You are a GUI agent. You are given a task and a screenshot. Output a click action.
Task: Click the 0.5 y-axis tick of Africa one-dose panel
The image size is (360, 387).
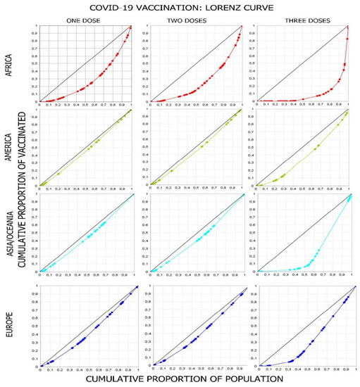pyautogui.click(x=35, y=64)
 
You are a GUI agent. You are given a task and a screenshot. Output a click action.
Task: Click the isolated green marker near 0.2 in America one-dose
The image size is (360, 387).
pyautogui.click(x=58, y=173)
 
